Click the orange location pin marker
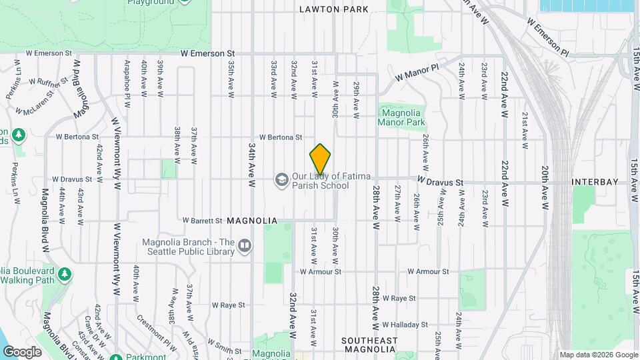pyautogui.click(x=320, y=159)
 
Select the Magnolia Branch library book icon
pyautogui.click(x=245, y=247)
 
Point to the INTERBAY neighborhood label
pyautogui.click(x=595, y=182)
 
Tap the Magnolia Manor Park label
pyautogui.click(x=401, y=118)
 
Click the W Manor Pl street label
pyautogui.click(x=417, y=73)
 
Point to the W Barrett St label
pyautogui.click(x=202, y=221)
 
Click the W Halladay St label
pyautogui.click(x=405, y=325)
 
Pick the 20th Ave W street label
pyautogui.click(x=545, y=189)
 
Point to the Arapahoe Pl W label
pyautogui.click(x=126, y=79)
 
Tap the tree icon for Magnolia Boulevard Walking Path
pyautogui.click(x=65, y=275)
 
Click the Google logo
pyautogui.click(x=22, y=351)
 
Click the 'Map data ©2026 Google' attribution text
pyautogui.click(x=598, y=355)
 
